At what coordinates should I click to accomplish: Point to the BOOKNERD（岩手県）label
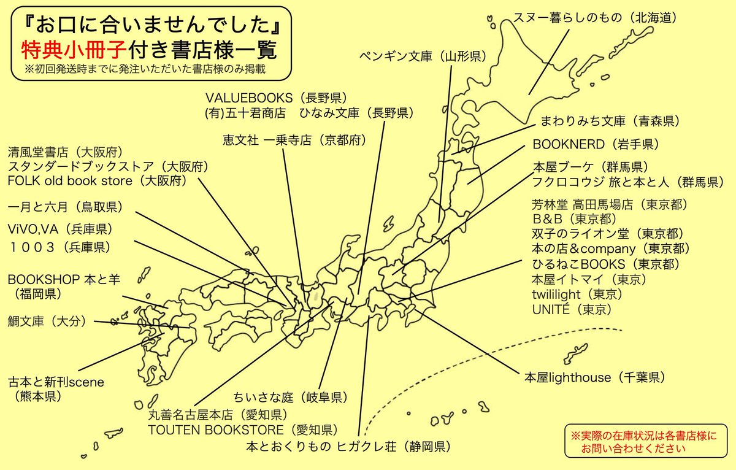[596, 145]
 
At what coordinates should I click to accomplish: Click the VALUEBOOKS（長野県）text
[276, 98]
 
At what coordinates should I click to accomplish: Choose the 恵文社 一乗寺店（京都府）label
[294, 140]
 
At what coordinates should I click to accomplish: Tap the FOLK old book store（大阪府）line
[97, 181]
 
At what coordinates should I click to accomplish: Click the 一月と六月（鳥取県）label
[67, 206]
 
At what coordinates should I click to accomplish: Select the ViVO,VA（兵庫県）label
[60, 229]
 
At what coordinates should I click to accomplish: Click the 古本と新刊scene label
[56, 382]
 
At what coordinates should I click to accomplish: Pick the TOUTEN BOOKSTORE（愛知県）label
[242, 430]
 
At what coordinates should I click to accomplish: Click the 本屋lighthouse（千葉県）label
[594, 377]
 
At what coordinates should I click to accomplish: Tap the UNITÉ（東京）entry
[572, 310]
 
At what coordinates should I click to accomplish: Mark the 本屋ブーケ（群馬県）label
[591, 166]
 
